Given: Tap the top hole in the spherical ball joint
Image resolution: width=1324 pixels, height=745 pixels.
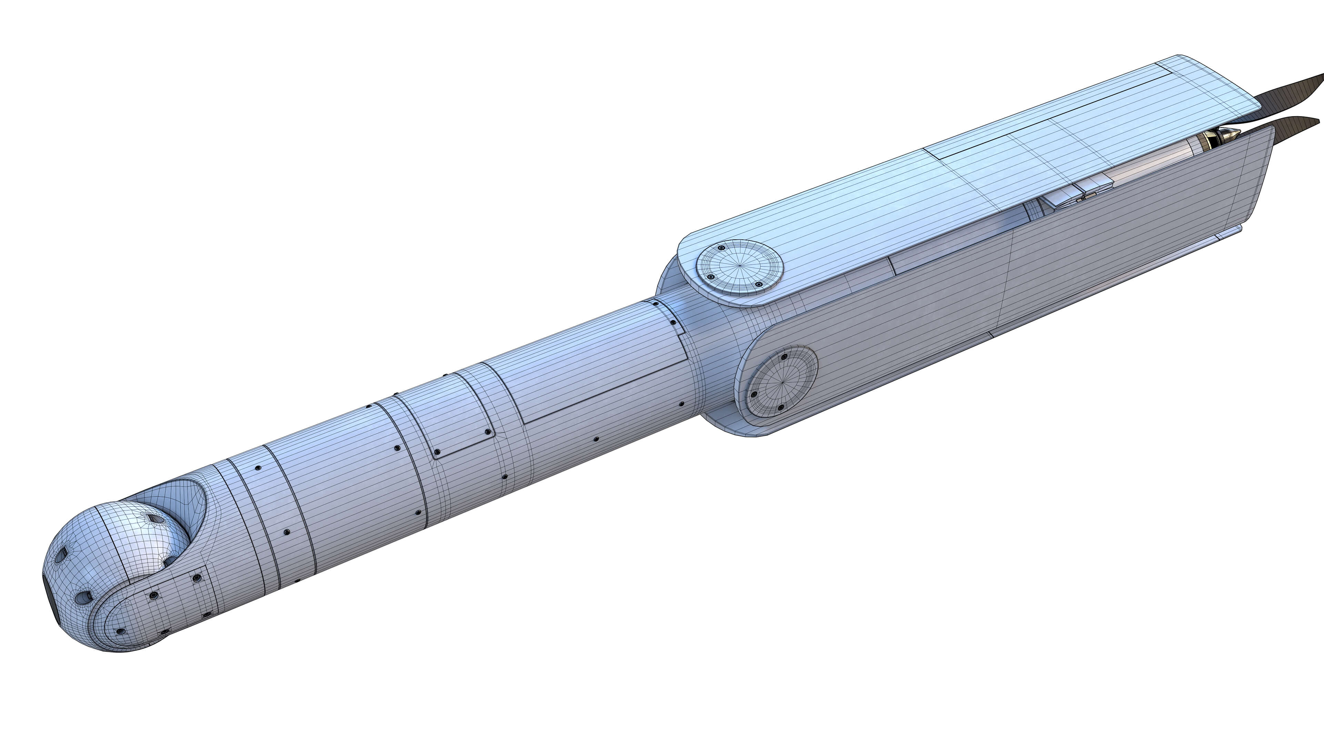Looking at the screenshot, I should [156, 519].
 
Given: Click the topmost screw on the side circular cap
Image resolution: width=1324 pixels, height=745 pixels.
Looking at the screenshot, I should [784, 356].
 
